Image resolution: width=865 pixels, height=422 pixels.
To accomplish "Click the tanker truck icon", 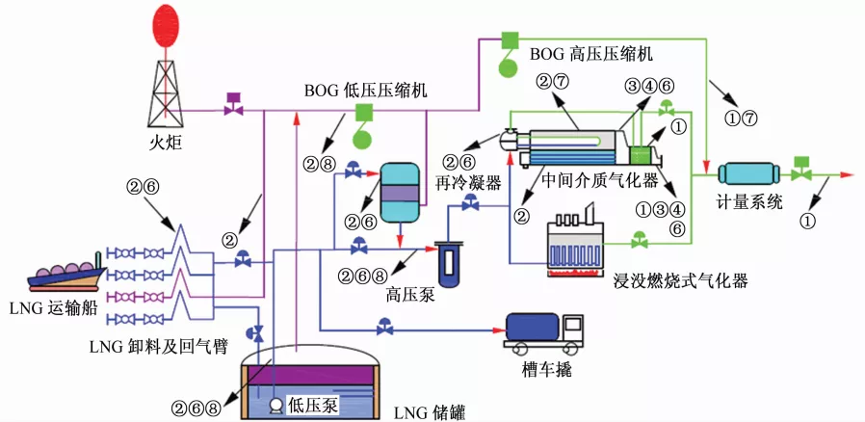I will tap(544, 330).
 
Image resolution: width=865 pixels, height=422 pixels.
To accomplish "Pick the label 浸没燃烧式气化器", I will tap(680, 281).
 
